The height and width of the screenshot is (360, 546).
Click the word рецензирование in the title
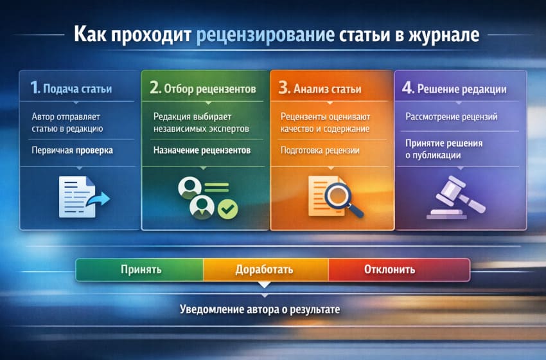click(265, 34)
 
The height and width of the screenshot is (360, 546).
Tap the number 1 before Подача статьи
click(35, 88)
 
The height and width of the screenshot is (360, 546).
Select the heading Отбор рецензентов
click(210, 88)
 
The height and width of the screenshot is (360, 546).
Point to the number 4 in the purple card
click(407, 89)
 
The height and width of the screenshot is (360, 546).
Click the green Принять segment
click(140, 269)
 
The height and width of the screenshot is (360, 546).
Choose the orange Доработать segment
click(265, 269)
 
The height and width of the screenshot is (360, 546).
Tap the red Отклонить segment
click(389, 269)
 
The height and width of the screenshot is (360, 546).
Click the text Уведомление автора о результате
click(260, 309)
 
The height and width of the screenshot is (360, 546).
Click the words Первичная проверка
click(72, 151)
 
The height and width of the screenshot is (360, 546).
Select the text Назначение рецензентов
click(202, 150)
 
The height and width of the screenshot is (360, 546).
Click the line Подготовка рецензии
click(320, 150)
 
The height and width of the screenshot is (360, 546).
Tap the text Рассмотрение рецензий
click(452, 117)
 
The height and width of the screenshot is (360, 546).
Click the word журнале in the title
click(440, 34)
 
